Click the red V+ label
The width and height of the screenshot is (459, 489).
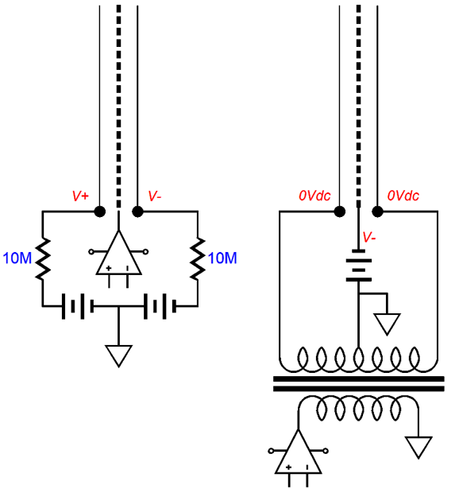tap(81, 196)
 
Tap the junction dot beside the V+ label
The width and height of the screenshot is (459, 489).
tap(99, 212)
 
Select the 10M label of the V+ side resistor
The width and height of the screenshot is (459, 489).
tap(17, 258)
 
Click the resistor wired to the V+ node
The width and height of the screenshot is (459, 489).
tap(43, 258)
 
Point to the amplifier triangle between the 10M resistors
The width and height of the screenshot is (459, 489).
tap(118, 254)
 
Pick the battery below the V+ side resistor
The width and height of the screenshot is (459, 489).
tap(78, 306)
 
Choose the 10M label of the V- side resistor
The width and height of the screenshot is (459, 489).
tap(222, 258)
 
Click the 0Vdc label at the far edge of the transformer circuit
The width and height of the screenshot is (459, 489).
tap(403, 196)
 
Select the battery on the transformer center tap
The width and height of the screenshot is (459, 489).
tap(358, 267)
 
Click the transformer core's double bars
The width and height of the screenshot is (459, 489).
tap(359, 385)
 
